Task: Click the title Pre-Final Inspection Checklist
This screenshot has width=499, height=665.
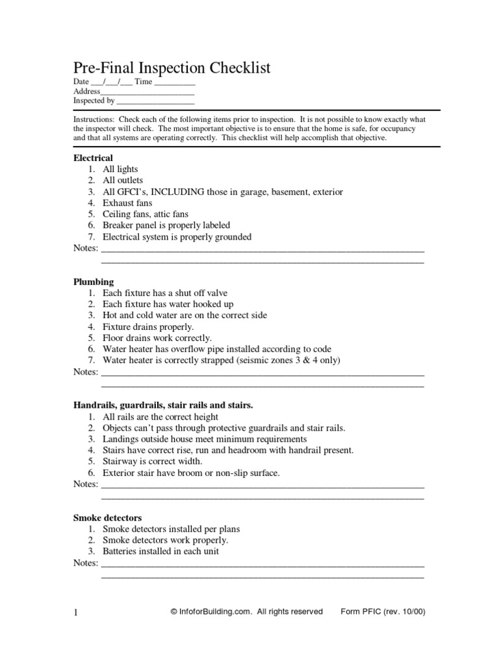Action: (x=172, y=68)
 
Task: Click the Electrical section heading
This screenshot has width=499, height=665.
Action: (x=93, y=158)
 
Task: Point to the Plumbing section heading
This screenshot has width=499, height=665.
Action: (x=94, y=282)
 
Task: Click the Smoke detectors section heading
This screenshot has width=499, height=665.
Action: (x=107, y=518)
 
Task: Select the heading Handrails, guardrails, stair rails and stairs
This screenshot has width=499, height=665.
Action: (x=163, y=405)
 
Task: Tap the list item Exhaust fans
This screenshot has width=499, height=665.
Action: (x=127, y=203)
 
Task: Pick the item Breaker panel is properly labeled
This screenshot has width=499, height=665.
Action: (x=166, y=226)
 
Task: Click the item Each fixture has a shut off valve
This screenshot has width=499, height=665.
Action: (x=165, y=293)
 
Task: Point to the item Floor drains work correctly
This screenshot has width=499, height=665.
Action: (x=157, y=338)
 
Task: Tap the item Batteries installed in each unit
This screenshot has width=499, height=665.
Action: (x=160, y=551)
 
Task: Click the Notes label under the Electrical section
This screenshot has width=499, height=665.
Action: (x=85, y=249)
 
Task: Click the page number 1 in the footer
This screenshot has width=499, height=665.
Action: (x=75, y=612)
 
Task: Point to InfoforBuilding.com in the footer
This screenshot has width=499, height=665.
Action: (x=215, y=612)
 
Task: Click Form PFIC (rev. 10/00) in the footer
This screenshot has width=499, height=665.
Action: (x=383, y=612)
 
